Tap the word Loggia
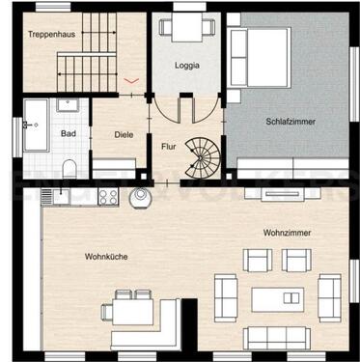pos(187,65)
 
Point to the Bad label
pos(69,133)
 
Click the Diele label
pos(125,135)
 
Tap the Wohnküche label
pos(106,256)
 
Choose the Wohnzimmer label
pos(286,233)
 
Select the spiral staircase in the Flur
pos(205,152)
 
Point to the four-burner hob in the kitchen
pos(105,198)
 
